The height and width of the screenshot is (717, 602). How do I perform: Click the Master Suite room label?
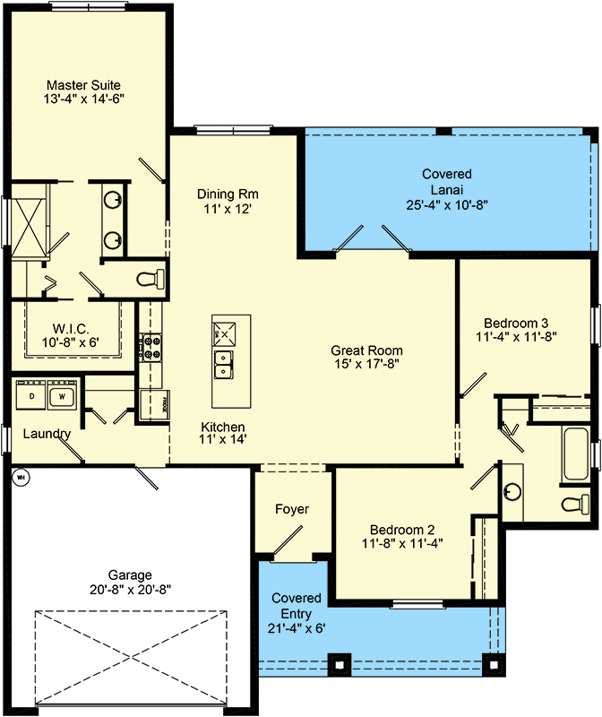(83, 85)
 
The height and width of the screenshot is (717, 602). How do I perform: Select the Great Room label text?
(366, 350)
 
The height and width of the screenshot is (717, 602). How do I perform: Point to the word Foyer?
(291, 509)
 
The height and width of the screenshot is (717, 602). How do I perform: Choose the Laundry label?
(47, 434)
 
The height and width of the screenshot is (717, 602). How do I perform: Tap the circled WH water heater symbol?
(20, 477)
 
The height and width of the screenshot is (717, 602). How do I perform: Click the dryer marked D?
(32, 395)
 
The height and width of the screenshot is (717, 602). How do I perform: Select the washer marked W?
(63, 395)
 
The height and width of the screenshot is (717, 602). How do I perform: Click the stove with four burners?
(149, 346)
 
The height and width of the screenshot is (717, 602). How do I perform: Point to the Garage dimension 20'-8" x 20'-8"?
(132, 590)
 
